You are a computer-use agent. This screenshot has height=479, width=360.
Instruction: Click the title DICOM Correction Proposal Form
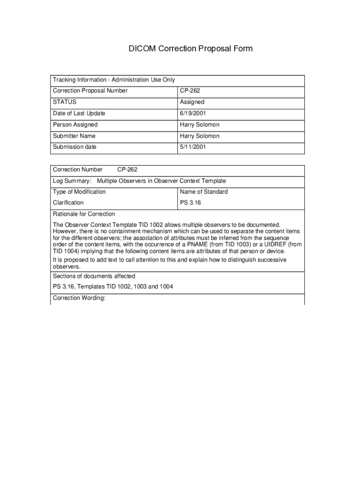pyautogui.click(x=191, y=49)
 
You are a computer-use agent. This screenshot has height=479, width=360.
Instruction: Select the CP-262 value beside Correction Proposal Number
pyautogui.click(x=190, y=91)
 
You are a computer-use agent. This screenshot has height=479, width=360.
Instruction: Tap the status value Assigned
pyautogui.click(x=192, y=102)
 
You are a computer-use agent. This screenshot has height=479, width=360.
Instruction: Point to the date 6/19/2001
pyautogui.click(x=193, y=113)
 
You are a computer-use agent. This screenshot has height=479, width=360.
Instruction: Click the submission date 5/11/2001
pyautogui.click(x=193, y=147)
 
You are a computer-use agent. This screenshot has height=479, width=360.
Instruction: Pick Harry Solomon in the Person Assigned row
pyautogui.click(x=200, y=125)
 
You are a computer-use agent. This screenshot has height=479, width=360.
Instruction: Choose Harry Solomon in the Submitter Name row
pyautogui.click(x=200, y=136)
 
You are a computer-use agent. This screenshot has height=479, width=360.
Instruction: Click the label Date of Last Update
pyautogui.click(x=79, y=113)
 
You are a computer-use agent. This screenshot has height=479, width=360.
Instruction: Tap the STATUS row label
pyautogui.click(x=65, y=102)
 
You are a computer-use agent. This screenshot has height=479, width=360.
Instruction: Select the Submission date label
pyautogui.click(x=75, y=147)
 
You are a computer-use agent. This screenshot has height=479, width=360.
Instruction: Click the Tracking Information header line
pyautogui.click(x=114, y=80)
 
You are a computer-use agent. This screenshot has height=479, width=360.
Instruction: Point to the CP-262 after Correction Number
pyautogui.click(x=127, y=169)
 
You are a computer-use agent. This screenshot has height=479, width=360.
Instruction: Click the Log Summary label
pyautogui.click(x=72, y=181)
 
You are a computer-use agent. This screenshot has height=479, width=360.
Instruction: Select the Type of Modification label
pyautogui.click(x=79, y=192)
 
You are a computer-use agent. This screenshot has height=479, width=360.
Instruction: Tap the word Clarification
pyautogui.click(x=68, y=203)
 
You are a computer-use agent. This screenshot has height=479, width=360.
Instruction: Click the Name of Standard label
pyautogui.click(x=204, y=192)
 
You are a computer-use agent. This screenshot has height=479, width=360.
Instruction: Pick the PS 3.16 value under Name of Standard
pyautogui.click(x=190, y=203)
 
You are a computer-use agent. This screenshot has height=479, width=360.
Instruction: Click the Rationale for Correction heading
pyautogui.click(x=84, y=214)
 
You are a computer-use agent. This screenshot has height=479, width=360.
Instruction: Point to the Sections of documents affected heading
pyautogui.click(x=94, y=276)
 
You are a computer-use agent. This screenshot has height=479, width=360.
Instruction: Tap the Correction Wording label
pyautogui.click(x=79, y=298)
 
